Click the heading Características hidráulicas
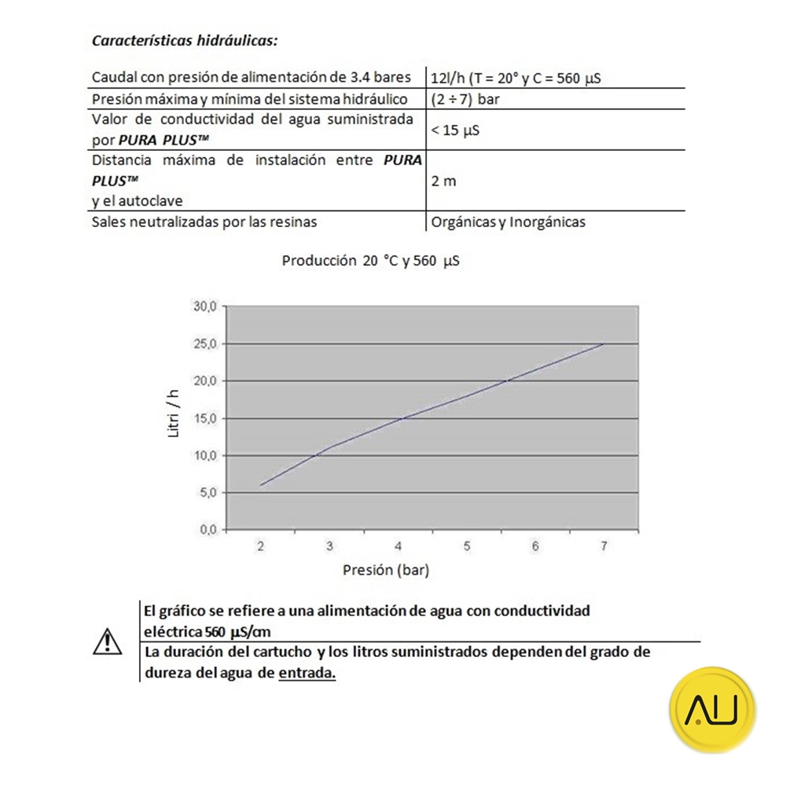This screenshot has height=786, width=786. point(185,40)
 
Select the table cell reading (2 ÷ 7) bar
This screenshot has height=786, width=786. point(465,100)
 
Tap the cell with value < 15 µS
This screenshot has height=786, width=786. point(455,130)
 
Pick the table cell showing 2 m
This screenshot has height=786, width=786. point(443,181)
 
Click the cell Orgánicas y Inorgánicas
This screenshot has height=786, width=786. point(508,222)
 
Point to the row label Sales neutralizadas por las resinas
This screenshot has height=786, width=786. point(204,222)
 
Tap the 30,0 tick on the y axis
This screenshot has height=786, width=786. point(204,307)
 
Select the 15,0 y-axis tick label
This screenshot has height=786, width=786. point(204,418)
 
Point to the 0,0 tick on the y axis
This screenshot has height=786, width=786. point(207,530)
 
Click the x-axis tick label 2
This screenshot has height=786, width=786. point(260,546)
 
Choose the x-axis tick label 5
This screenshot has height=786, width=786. point(467,546)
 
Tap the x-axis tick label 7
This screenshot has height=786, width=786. point(604,546)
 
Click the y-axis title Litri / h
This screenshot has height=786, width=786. point(175,416)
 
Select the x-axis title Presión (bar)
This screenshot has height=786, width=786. point(386,570)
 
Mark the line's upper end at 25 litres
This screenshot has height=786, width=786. point(603,343)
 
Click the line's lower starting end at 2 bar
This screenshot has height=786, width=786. point(260,485)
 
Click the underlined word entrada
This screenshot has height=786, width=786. point(307,674)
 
